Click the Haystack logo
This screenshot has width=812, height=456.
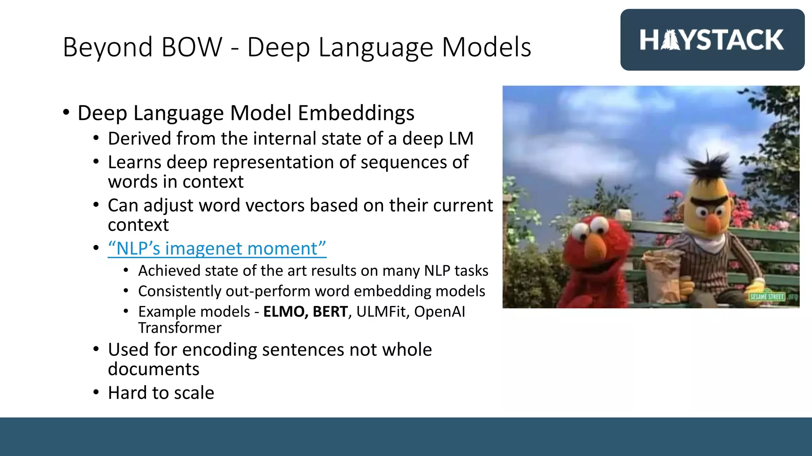[712, 40]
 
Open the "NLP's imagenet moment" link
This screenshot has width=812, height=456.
[217, 249]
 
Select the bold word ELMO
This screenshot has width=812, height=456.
[285, 312]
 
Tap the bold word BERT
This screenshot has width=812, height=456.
[330, 312]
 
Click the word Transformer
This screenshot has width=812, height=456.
[180, 328]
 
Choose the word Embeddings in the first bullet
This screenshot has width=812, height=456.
[356, 113]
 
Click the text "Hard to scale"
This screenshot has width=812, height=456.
[161, 393]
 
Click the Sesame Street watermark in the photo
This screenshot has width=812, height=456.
[767, 296]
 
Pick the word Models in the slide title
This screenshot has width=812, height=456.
[486, 47]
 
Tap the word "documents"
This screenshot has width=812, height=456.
[153, 369]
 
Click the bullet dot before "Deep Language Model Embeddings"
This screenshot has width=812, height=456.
[66, 112]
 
